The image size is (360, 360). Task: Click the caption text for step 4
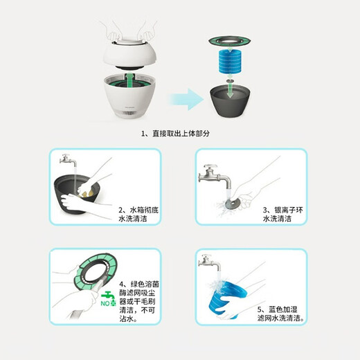coord(140,302)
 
